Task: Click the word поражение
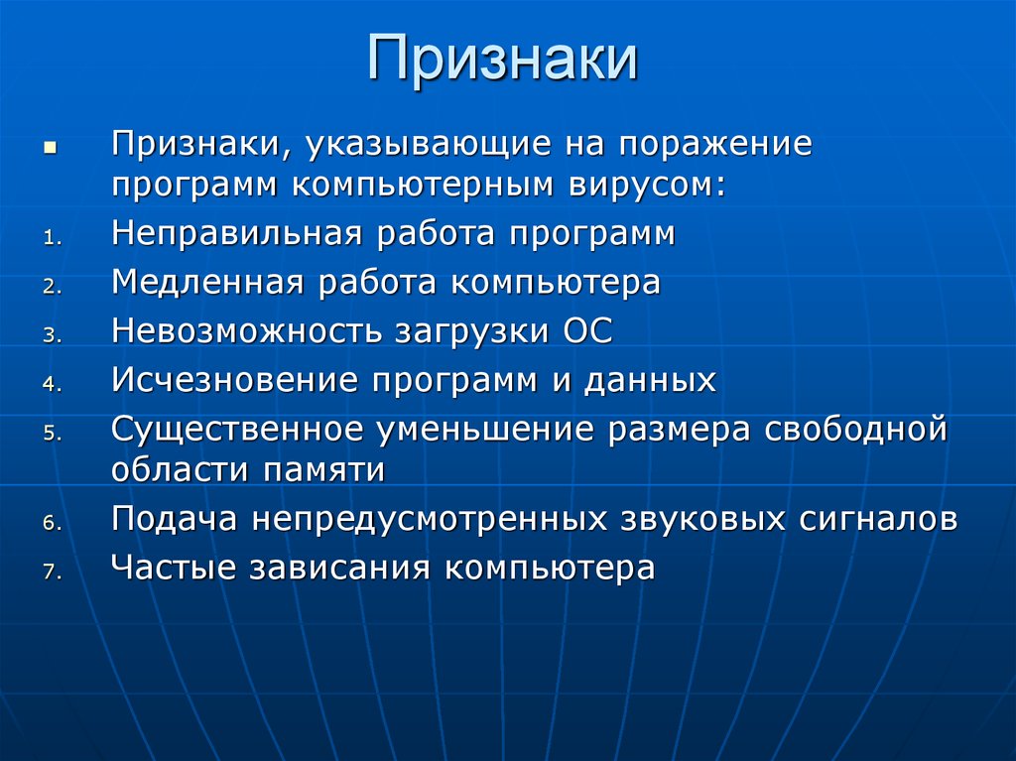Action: (716, 143)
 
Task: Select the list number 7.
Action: (52, 571)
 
